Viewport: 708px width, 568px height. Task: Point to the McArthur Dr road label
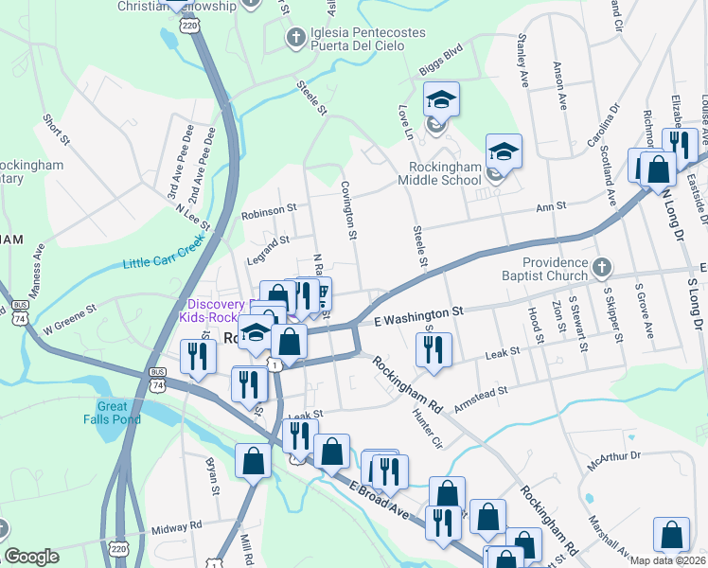tap(613, 456)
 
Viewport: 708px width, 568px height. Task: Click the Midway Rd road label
tap(176, 525)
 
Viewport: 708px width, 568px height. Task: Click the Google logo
tap(31, 558)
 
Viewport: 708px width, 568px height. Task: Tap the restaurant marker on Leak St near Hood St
tap(434, 350)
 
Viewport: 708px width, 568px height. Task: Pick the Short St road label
tap(56, 130)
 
